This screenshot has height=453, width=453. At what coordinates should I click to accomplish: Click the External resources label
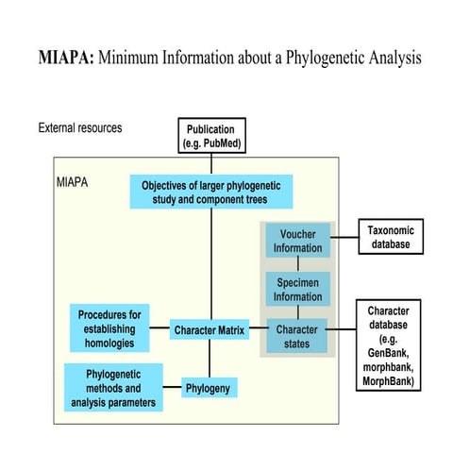click(x=80, y=127)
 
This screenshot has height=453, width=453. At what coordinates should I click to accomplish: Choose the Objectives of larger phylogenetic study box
click(x=211, y=192)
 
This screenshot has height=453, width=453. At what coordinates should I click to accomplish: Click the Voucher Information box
click(x=297, y=241)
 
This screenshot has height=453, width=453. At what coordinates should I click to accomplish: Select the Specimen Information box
click(x=297, y=287)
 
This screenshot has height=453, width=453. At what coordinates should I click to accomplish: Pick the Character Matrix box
click(x=210, y=330)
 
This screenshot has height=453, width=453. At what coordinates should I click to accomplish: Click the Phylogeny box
click(x=210, y=387)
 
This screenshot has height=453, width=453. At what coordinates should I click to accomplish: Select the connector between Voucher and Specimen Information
click(x=297, y=264)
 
